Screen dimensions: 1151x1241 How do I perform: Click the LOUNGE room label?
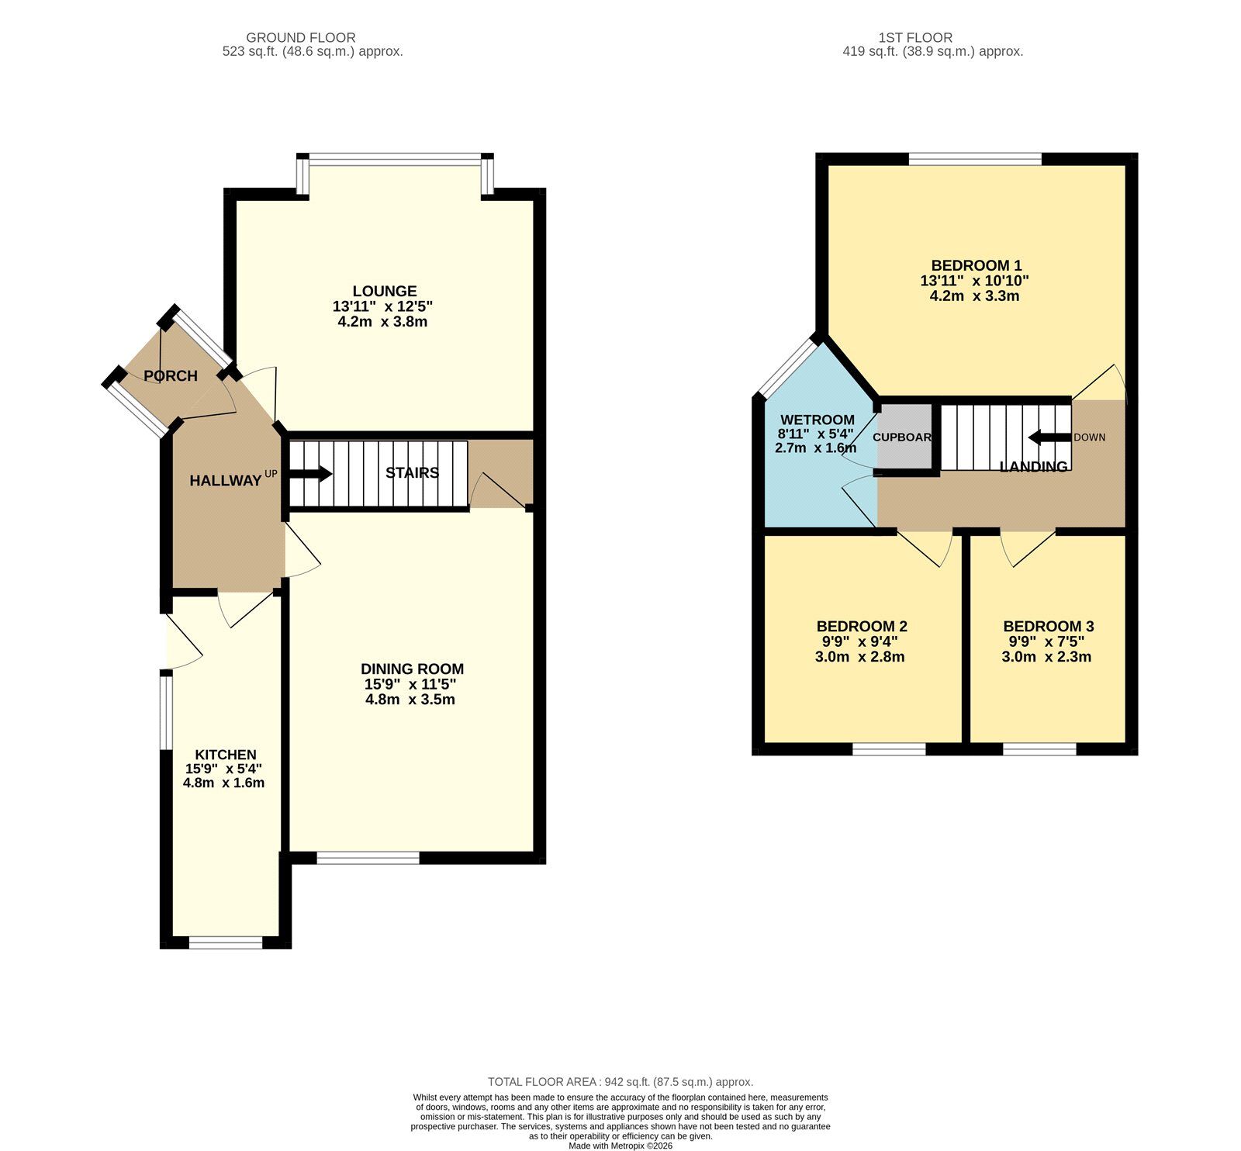click(384, 292)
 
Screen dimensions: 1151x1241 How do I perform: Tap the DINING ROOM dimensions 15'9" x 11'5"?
click(410, 684)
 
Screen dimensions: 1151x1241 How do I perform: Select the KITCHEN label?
click(225, 755)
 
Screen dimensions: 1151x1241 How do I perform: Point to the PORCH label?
click(171, 376)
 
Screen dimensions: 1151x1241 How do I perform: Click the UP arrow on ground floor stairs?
click(310, 474)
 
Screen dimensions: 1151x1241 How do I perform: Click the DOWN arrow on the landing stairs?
click(1049, 437)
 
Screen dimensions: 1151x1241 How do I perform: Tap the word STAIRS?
click(412, 473)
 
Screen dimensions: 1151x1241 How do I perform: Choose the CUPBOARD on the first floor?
click(903, 437)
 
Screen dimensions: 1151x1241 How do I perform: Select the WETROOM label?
click(818, 420)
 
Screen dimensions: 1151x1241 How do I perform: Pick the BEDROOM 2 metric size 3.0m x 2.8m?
click(859, 657)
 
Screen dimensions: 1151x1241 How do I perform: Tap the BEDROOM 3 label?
click(1048, 626)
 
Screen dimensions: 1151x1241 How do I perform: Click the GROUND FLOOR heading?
click(301, 37)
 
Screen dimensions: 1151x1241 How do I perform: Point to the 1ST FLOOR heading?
click(915, 37)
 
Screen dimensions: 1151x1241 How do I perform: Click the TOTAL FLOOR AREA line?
click(620, 1082)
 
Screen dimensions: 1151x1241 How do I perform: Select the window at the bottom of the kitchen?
click(226, 943)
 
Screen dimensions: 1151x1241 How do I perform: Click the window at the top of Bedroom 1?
click(975, 159)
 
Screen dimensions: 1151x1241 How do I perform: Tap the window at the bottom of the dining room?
click(368, 858)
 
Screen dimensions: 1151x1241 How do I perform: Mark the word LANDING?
click(1033, 467)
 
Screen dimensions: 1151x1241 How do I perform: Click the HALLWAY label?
click(226, 481)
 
